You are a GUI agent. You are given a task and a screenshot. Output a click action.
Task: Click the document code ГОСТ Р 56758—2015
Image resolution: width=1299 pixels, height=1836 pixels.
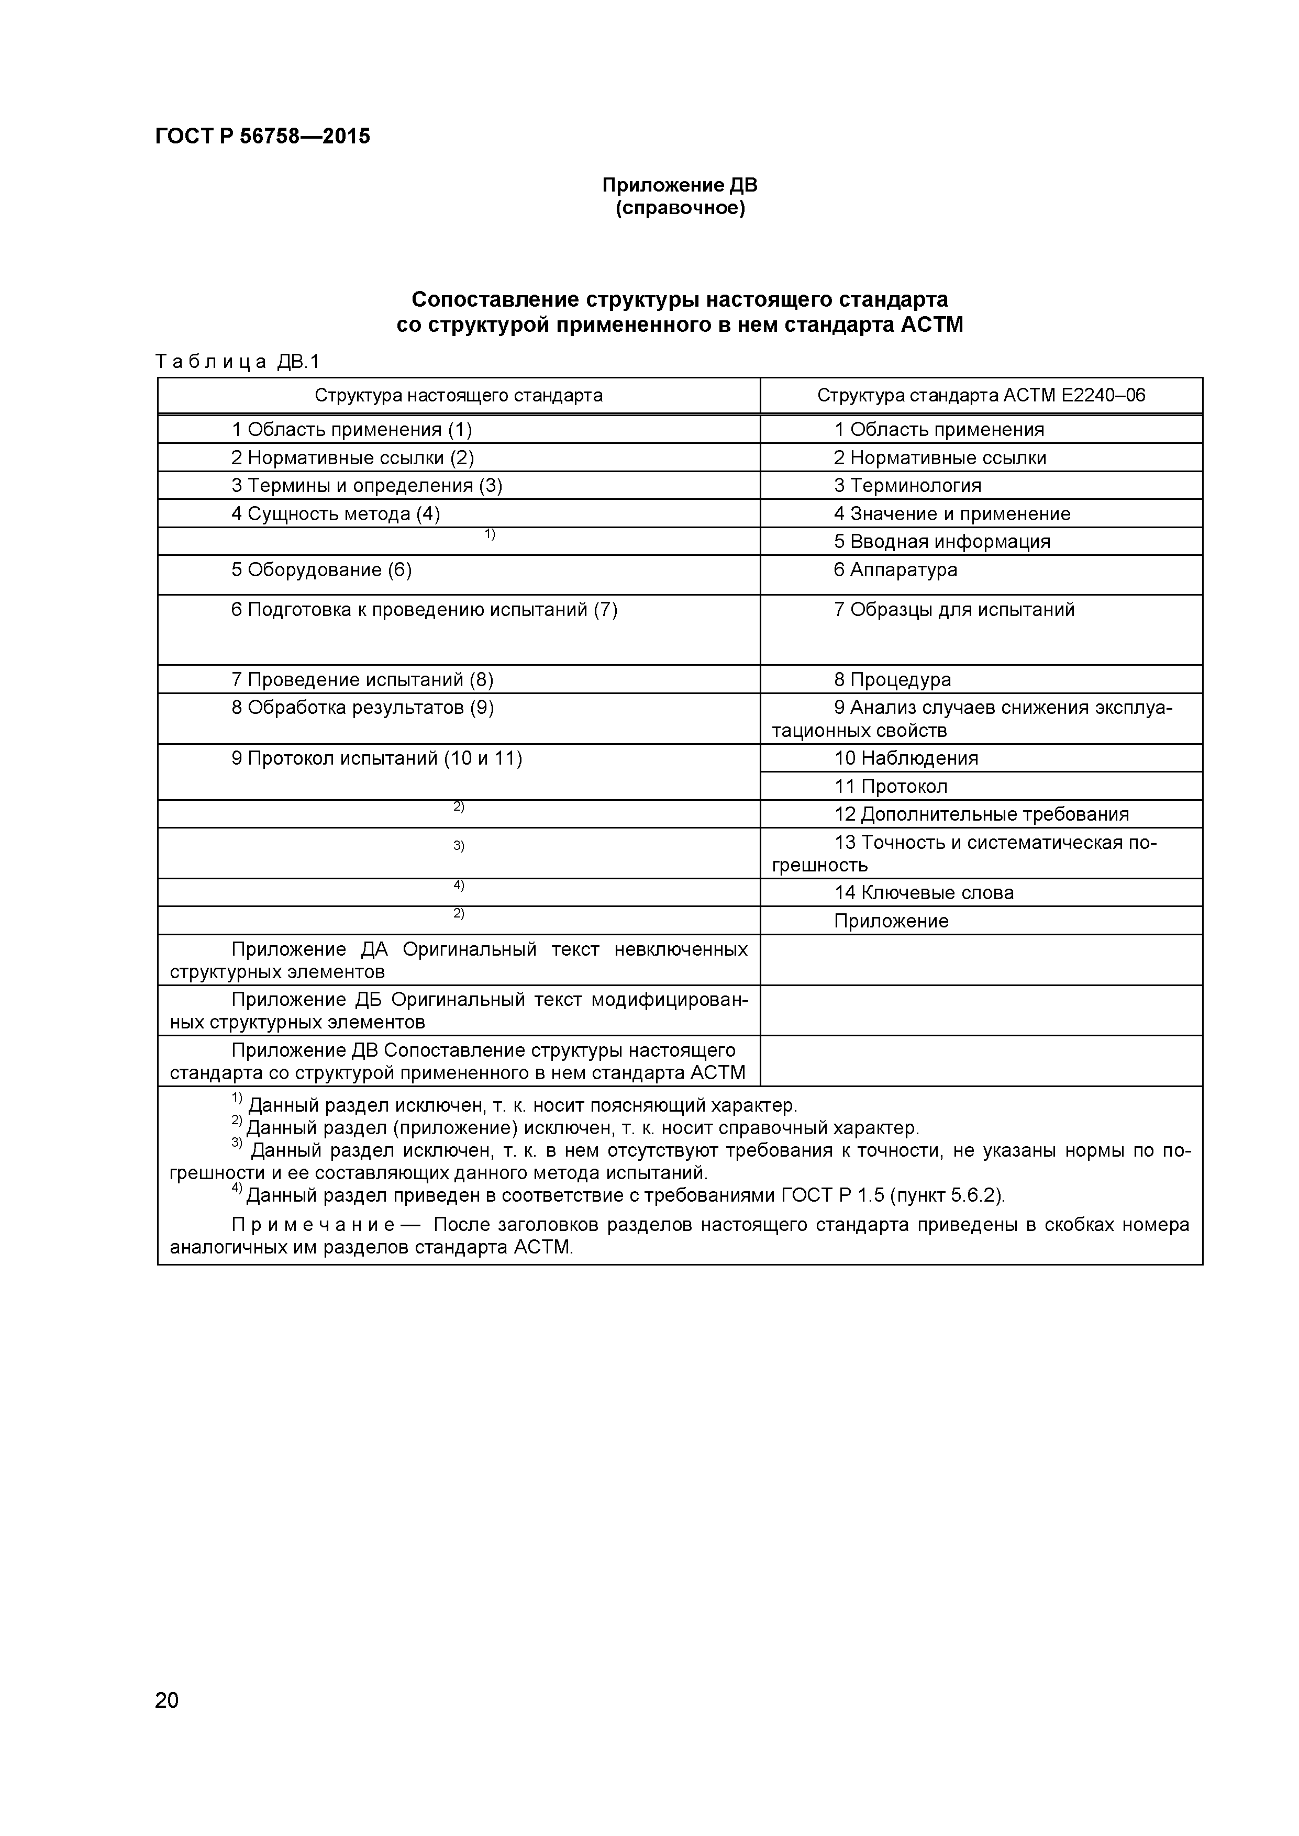point(262,137)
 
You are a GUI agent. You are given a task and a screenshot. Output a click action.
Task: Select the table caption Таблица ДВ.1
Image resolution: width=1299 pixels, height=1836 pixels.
point(237,362)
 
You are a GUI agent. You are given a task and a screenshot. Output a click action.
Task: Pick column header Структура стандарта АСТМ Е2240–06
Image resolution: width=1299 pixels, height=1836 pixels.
point(981,396)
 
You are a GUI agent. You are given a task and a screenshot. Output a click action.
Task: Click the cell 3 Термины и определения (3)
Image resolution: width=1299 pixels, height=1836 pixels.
point(367,485)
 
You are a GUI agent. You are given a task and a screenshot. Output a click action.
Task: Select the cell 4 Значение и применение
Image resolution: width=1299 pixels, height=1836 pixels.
point(952,513)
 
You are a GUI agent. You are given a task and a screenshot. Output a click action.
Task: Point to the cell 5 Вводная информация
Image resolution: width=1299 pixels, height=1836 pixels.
point(941,541)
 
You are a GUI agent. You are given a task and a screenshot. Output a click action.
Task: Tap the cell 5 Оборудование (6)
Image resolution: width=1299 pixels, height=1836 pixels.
point(321,570)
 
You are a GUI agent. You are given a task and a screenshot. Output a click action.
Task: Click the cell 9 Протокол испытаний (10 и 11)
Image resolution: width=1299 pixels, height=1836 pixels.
point(377,758)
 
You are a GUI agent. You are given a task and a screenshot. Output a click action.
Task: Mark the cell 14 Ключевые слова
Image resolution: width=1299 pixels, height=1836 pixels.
point(924,892)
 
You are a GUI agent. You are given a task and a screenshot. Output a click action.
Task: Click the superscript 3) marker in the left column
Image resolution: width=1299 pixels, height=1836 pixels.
point(458,846)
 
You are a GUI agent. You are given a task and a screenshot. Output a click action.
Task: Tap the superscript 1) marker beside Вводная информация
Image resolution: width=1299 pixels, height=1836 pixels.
point(490,533)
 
